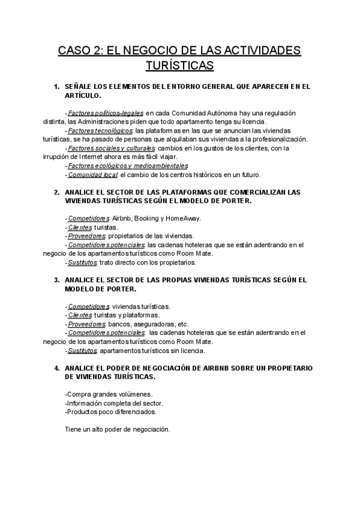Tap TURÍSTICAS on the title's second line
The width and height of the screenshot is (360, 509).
point(179,64)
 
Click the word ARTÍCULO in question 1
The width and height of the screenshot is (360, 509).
point(83,95)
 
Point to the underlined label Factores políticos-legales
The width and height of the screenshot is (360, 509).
point(106,113)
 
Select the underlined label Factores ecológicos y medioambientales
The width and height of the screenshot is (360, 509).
point(128,166)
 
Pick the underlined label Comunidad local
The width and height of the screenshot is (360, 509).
point(92,175)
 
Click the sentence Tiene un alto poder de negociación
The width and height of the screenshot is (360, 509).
point(117,429)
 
